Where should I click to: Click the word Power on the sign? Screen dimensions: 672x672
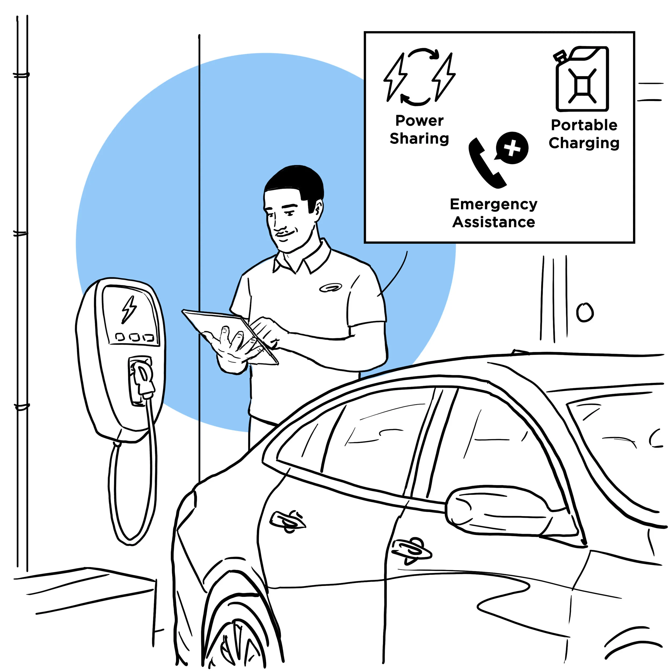point(420,121)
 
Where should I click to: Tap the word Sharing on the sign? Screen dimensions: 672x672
point(420,139)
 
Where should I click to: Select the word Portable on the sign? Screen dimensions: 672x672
point(584,125)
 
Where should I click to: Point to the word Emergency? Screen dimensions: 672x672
point(494,205)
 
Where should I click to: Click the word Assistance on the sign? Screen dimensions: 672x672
point(494,222)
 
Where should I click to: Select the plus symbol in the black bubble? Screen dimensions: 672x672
point(512,148)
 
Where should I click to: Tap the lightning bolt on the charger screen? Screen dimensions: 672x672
point(129,309)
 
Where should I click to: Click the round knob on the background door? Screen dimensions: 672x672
point(585,312)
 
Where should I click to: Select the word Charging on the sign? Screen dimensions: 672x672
point(584,143)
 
